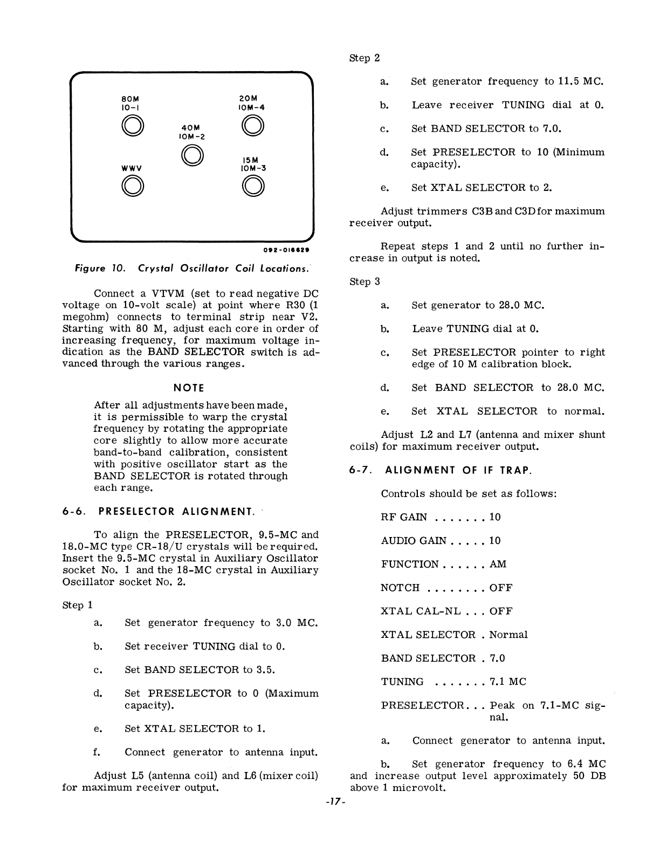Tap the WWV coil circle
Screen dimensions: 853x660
(132, 186)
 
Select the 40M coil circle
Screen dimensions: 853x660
(192, 156)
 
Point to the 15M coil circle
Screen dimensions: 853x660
(252, 186)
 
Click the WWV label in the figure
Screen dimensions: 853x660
(132, 168)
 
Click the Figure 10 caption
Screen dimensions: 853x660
(192, 269)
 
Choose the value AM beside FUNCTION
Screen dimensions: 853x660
(498, 564)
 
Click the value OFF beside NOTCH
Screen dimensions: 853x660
(501, 588)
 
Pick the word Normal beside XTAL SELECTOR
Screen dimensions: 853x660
(508, 635)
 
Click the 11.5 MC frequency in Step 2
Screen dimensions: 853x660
(579, 81)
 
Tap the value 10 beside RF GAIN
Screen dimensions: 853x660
(495, 517)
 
